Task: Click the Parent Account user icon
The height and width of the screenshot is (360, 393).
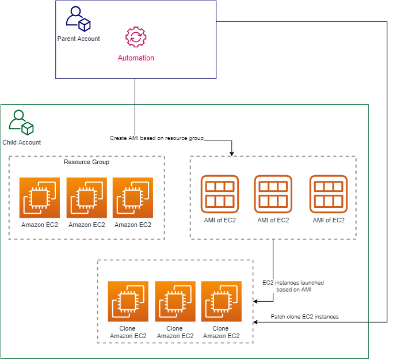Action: tap(78, 19)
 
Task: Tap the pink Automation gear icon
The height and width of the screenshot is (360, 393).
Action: tap(136, 37)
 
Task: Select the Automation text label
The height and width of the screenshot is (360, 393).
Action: tap(136, 58)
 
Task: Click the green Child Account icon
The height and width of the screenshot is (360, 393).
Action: tap(21, 122)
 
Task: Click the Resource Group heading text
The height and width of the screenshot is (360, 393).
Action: tap(86, 162)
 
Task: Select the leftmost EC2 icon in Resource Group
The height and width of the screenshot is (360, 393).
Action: tap(40, 198)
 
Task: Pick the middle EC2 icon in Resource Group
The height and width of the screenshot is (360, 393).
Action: tap(87, 198)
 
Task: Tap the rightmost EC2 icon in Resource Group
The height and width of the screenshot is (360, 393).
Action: tap(133, 198)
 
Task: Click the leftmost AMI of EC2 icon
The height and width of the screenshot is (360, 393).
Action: tap(219, 195)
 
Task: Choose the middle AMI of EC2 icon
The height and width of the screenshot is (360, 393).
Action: tap(273, 195)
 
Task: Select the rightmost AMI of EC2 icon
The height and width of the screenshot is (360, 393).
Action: tap(329, 195)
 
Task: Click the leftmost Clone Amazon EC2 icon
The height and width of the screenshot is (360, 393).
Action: tap(128, 301)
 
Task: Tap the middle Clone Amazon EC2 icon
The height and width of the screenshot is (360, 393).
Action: tap(175, 301)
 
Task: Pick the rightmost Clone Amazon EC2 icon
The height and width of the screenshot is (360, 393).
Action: tap(222, 301)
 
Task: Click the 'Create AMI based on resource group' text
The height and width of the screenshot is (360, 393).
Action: tap(157, 139)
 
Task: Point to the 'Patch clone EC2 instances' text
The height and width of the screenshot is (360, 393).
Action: tap(304, 317)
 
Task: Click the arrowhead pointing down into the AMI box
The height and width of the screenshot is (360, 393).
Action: tap(231, 153)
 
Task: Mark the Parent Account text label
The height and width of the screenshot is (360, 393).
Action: tap(78, 39)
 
